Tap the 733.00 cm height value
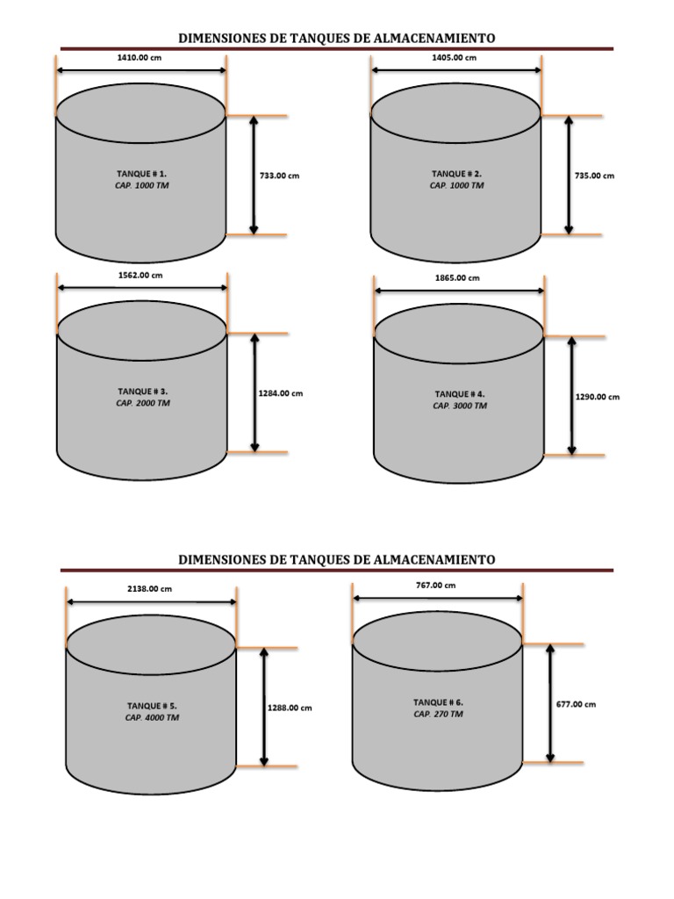pyautogui.click(x=279, y=176)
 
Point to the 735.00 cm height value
pyautogui.click(x=594, y=176)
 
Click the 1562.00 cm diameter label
pyautogui.click(x=140, y=275)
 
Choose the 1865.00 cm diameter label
pyautogui.click(x=457, y=277)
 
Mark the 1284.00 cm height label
pyautogui.click(x=280, y=393)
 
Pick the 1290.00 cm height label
pyautogui.click(x=597, y=397)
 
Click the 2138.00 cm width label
pyautogui.click(x=149, y=589)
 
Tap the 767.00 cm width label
pyautogui.click(x=435, y=585)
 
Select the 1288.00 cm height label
pyautogui.click(x=289, y=708)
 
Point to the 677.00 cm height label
pyautogui.click(x=576, y=704)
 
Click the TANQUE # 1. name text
pyautogui.click(x=141, y=174)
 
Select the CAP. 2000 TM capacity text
pyautogui.click(x=143, y=404)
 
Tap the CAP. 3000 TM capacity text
pyautogui.click(x=459, y=406)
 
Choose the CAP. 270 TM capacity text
pyautogui.click(x=438, y=715)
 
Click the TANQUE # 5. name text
pyautogui.click(x=152, y=706)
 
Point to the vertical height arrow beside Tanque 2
pyautogui.click(x=569, y=176)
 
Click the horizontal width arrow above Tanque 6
pyautogui.click(x=438, y=598)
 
